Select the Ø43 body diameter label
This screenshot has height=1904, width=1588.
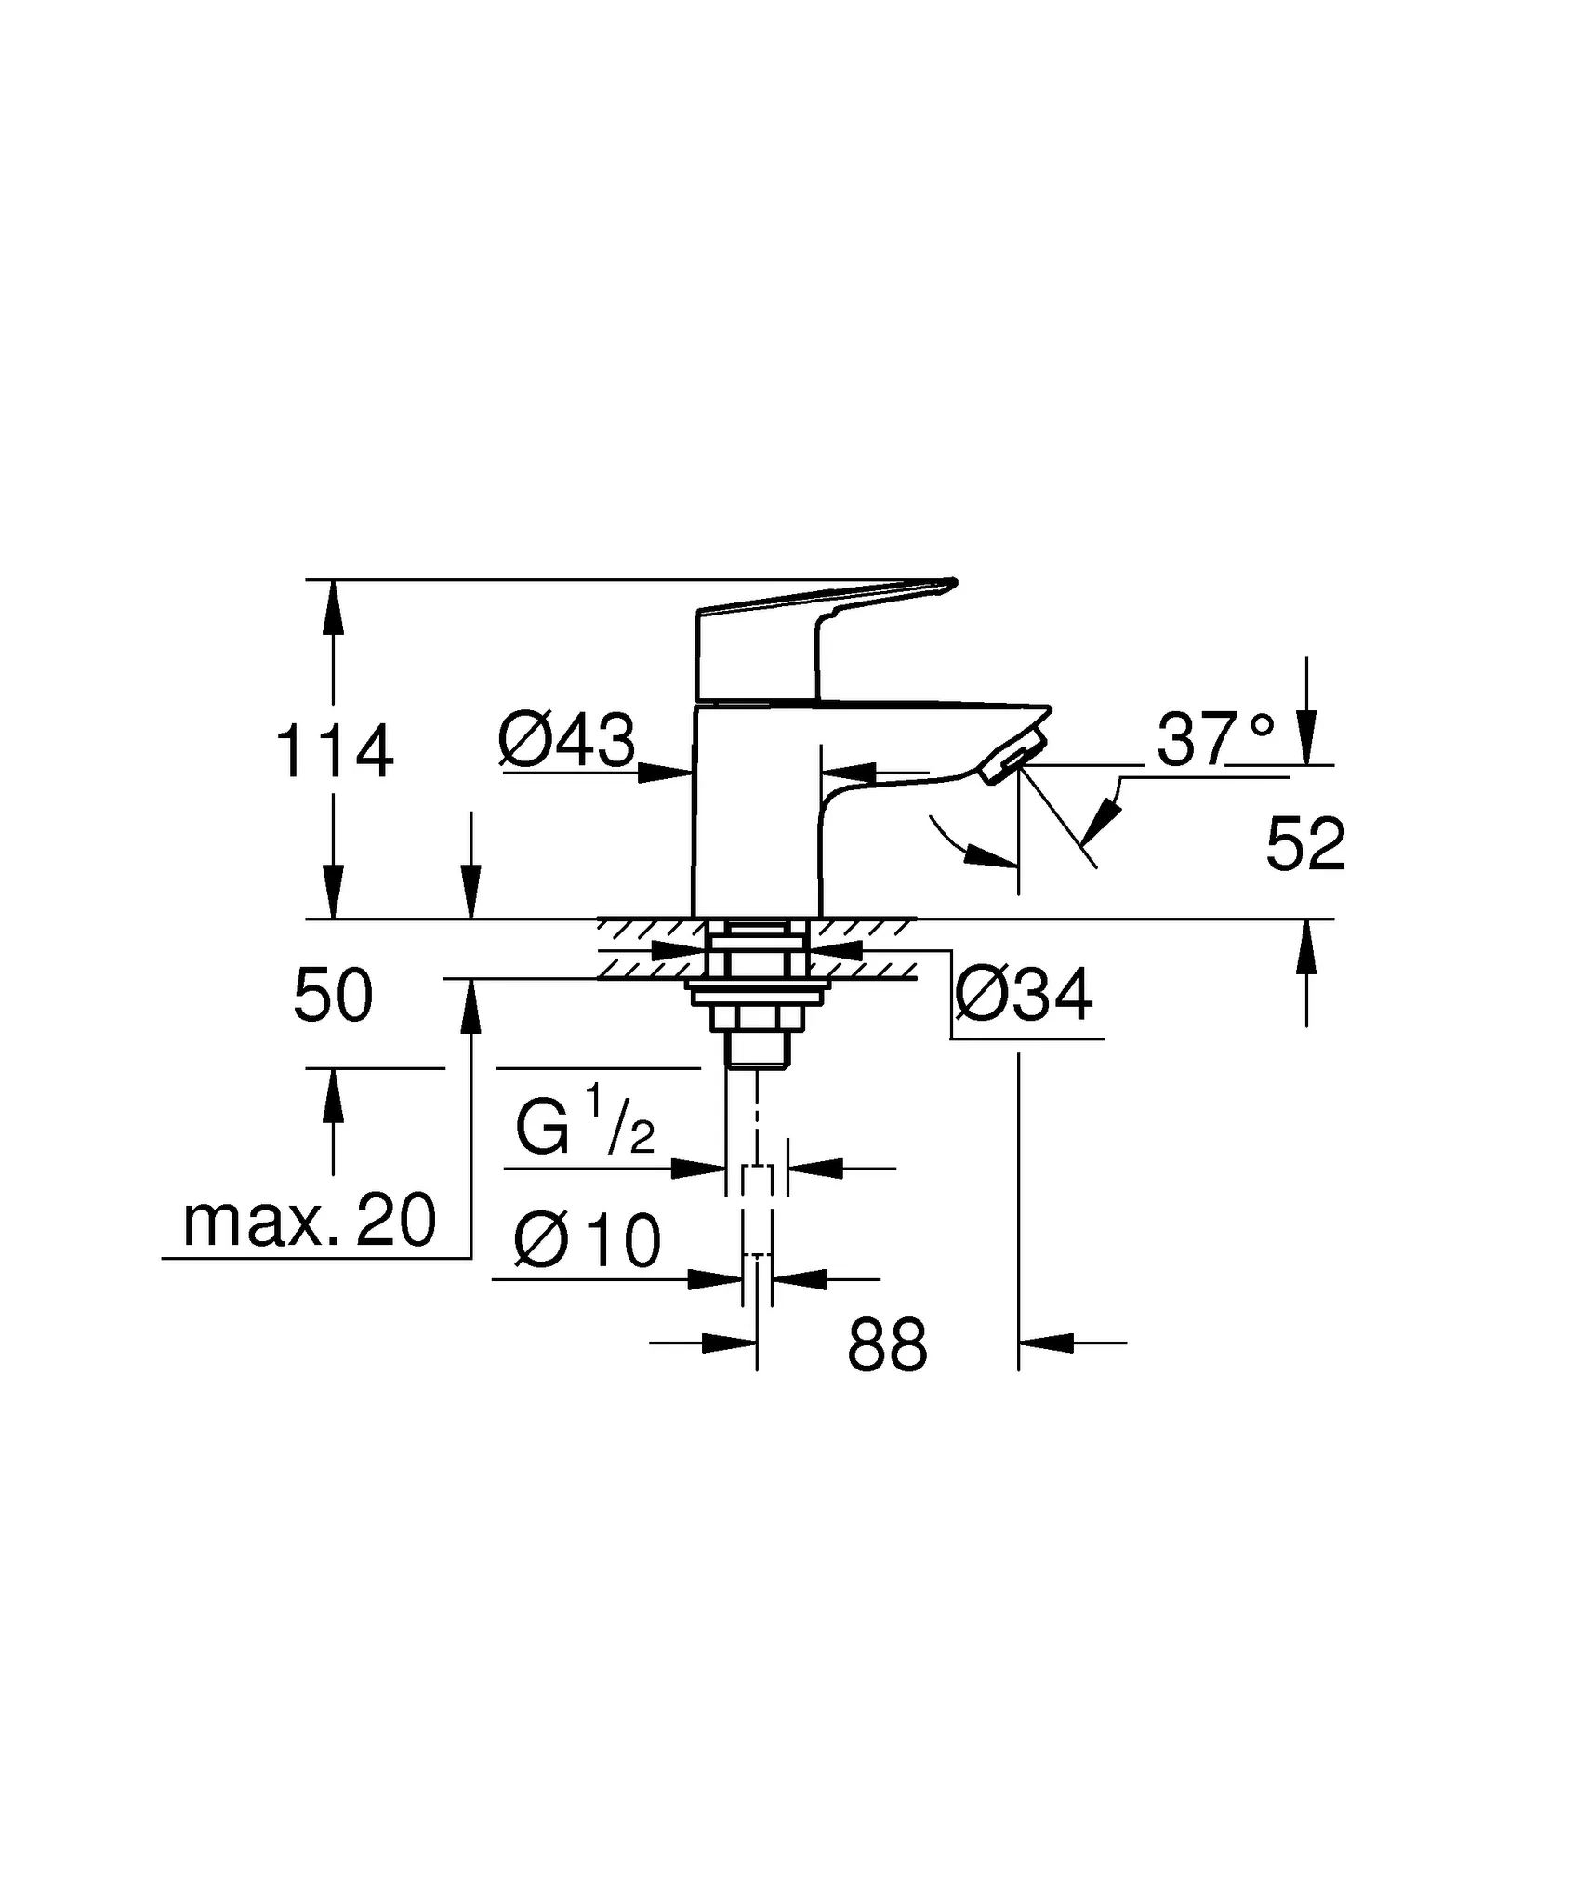click(566, 741)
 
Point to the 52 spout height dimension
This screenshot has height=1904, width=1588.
click(1305, 846)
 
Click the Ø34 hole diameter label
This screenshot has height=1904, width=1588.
click(1024, 996)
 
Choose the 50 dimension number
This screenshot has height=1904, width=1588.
click(333, 996)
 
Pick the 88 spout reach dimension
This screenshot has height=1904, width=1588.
click(887, 1345)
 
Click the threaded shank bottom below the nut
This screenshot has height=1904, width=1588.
click(758, 1051)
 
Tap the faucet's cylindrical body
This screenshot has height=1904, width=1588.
click(755, 818)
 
